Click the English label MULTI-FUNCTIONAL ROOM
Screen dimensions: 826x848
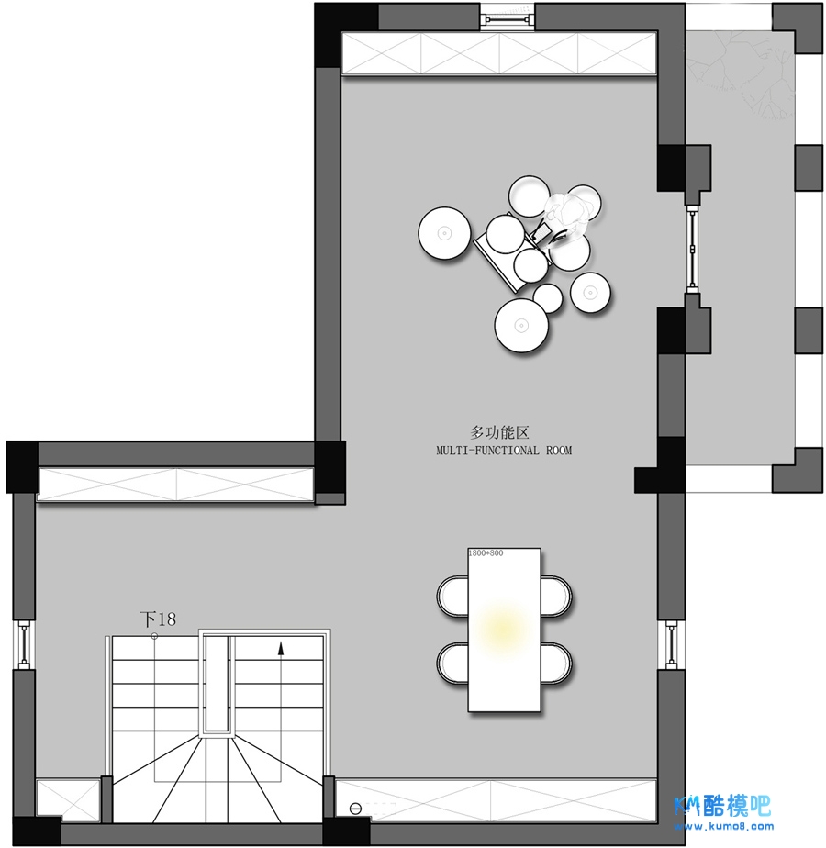click(504, 450)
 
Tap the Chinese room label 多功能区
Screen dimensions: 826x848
click(499, 432)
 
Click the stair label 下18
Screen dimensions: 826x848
click(158, 619)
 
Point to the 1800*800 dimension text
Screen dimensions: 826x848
click(486, 552)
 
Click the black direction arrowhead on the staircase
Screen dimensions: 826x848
click(281, 649)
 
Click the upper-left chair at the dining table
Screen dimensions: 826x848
click(452, 596)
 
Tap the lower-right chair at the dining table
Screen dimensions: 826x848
click(556, 664)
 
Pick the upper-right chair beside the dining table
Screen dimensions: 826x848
click(556, 596)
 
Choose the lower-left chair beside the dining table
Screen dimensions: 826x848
click(452, 664)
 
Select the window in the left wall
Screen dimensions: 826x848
click(24, 644)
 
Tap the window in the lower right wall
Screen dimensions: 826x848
click(671, 644)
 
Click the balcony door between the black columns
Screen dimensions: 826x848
click(692, 249)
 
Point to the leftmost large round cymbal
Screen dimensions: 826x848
click(444, 233)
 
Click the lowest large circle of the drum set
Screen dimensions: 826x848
click(521, 326)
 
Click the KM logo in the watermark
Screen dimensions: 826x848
click(687, 806)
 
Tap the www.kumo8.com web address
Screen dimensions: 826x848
click(723, 826)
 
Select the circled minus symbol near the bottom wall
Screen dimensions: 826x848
click(355, 809)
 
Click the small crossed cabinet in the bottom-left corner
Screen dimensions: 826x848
click(68, 798)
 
